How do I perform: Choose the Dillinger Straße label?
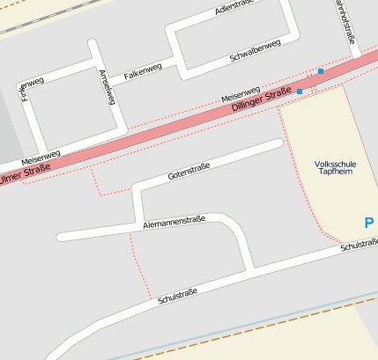click(261, 101)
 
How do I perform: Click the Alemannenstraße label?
click(174, 224)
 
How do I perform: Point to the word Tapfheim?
click(335, 173)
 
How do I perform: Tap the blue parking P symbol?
click(369, 224)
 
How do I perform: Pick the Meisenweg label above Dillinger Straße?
click(240, 92)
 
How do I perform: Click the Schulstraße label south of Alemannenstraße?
click(176, 296)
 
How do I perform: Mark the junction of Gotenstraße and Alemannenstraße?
click(138, 224)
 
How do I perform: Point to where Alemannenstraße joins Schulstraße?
click(253, 268)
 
